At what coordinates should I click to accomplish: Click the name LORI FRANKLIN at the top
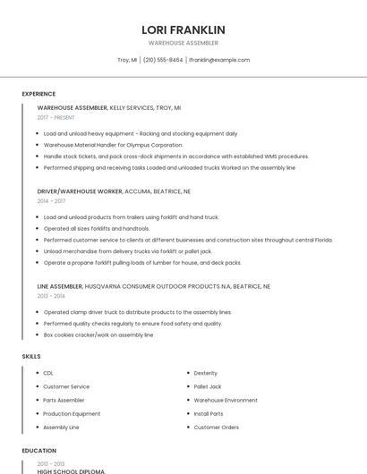click(183, 30)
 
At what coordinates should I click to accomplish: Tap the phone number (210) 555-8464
click(163, 60)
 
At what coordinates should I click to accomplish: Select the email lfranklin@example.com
click(219, 60)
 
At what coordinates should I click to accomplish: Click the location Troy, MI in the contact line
click(127, 60)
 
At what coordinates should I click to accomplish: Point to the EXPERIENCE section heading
click(38, 94)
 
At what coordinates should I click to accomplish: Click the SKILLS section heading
click(31, 357)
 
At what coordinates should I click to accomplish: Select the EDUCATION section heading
click(38, 451)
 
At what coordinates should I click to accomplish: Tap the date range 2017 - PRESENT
click(56, 117)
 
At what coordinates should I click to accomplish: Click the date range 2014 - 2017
click(51, 201)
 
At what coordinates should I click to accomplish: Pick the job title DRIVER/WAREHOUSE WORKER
click(80, 191)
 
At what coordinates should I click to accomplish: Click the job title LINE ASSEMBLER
click(60, 286)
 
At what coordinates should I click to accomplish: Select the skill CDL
click(48, 373)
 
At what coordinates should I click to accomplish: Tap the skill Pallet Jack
click(208, 386)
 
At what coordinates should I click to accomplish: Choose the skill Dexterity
click(206, 373)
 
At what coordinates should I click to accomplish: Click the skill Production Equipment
click(72, 414)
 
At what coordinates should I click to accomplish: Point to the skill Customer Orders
click(217, 427)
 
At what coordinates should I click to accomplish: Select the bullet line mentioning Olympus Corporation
click(113, 145)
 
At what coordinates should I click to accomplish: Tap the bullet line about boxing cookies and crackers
click(98, 334)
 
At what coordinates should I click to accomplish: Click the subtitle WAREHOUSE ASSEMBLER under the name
click(183, 43)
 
